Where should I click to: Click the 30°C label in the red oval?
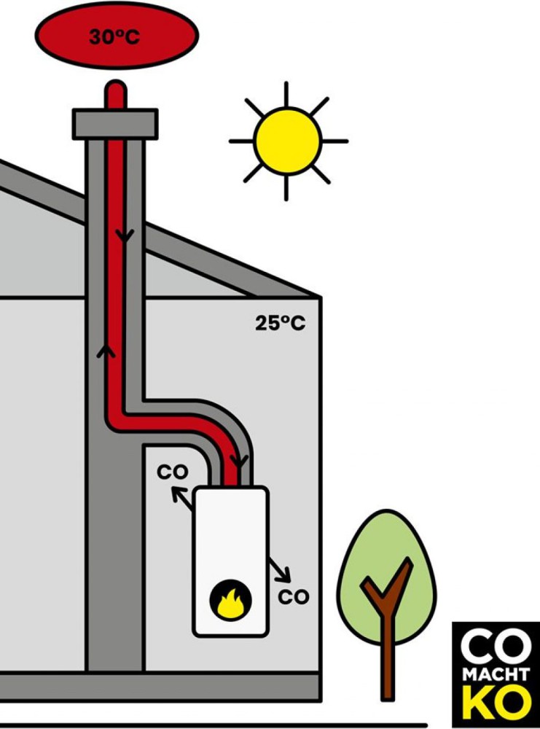pyautogui.click(x=114, y=36)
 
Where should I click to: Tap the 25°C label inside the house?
pyautogui.click(x=281, y=323)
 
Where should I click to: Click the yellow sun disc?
pyautogui.click(x=288, y=141)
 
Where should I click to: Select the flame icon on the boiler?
pyautogui.click(x=231, y=603)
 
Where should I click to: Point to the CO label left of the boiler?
pyautogui.click(x=173, y=472)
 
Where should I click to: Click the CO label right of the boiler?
pyautogui.click(x=294, y=597)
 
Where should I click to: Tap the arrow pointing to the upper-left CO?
pyautogui.click(x=182, y=499)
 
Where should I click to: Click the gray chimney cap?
pyautogui.click(x=115, y=124)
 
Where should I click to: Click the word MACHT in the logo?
pyautogui.click(x=496, y=675)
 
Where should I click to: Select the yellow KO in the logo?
pyautogui.click(x=496, y=704)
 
